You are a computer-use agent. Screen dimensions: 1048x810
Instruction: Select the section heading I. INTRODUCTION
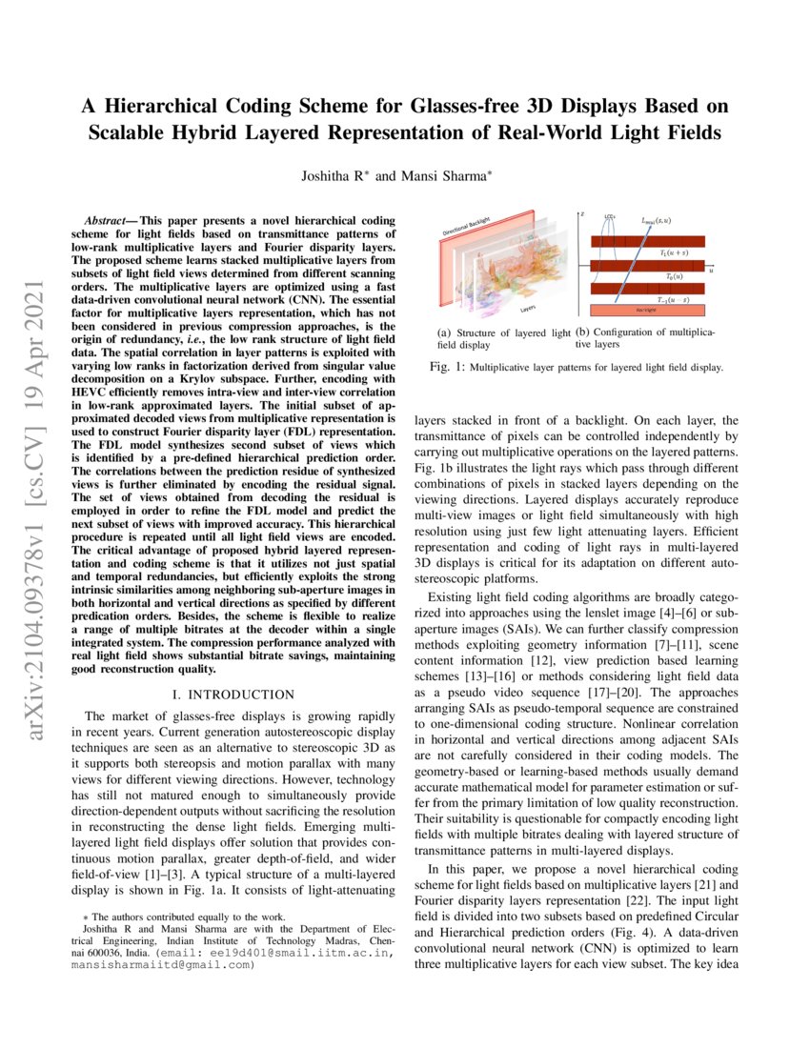tap(233, 694)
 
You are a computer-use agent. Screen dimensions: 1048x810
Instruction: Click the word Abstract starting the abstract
tap(107, 220)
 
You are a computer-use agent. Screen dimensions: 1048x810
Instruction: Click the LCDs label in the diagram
tap(609, 217)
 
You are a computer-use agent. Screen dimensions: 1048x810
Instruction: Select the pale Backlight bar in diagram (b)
tap(647, 310)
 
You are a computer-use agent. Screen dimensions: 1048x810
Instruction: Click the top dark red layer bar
tap(647, 242)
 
